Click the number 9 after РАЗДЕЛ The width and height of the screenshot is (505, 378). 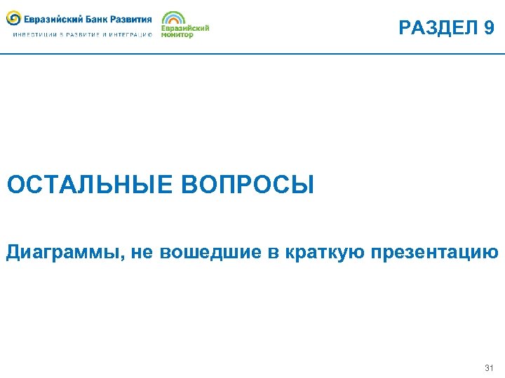(488, 28)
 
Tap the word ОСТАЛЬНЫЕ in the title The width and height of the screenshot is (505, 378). (90, 185)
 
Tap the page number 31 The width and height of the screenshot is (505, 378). (489, 368)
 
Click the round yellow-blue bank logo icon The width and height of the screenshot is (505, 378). (13, 19)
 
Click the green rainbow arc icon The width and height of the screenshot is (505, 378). (174, 18)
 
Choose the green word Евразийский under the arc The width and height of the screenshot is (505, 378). (185, 28)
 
